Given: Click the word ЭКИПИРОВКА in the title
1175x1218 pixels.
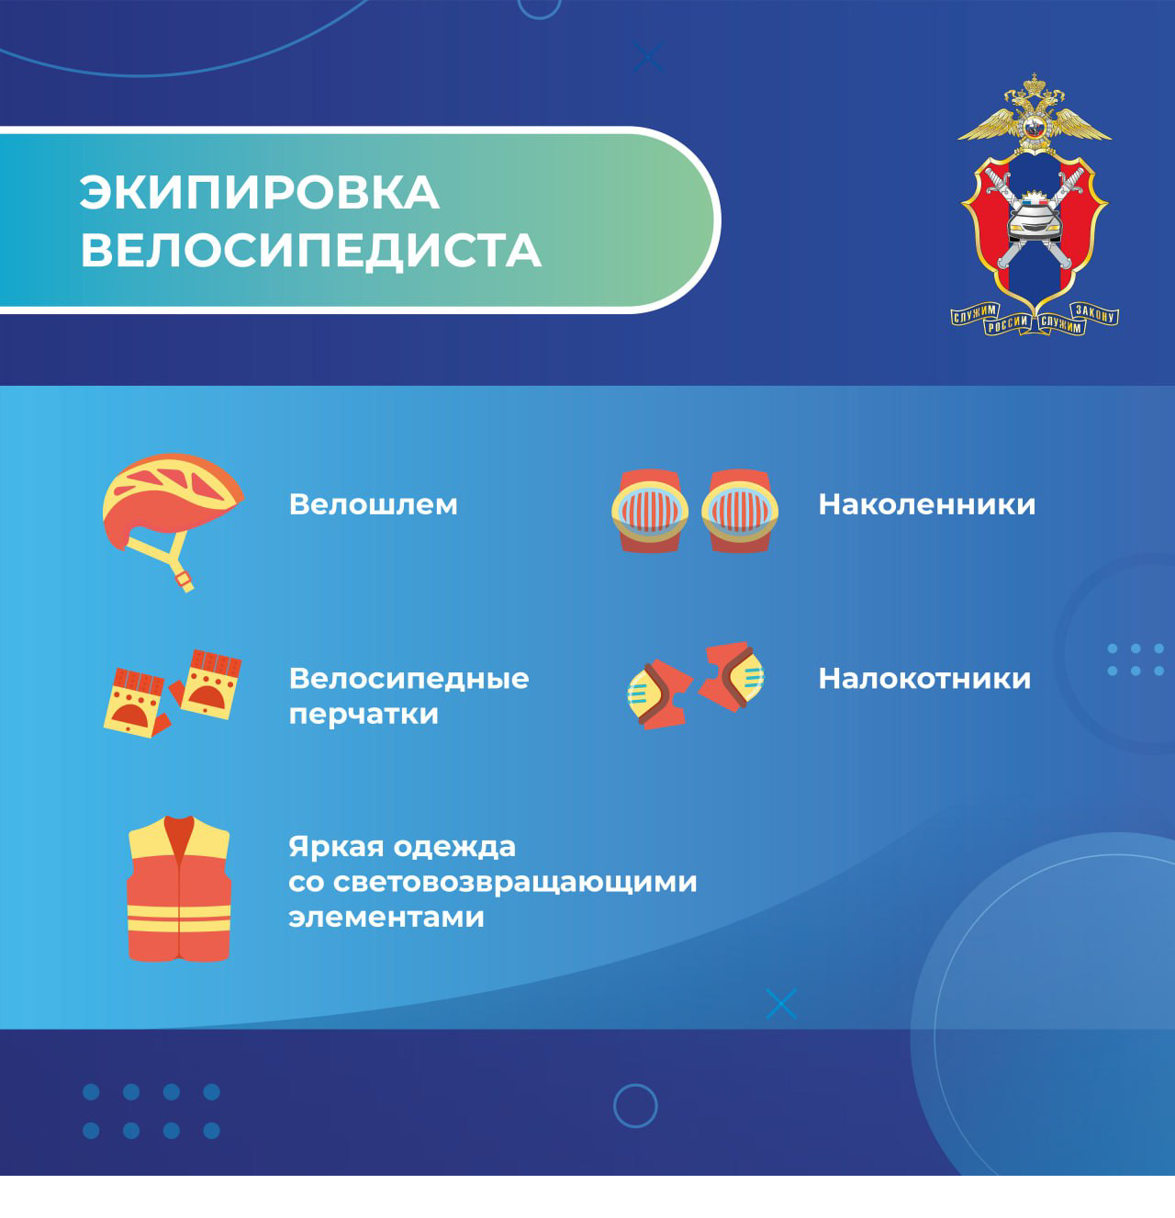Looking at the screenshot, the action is (260, 192).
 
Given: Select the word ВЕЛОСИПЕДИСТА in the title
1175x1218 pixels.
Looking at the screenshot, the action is (310, 251).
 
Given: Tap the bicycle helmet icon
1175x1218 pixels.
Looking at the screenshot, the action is (173, 522).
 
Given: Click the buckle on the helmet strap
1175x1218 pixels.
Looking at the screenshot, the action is (185, 581).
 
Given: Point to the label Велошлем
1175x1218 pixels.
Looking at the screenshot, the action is (373, 504).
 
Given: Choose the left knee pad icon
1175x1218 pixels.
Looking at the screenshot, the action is (649, 511).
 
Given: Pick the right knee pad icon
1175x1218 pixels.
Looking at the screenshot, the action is (740, 511).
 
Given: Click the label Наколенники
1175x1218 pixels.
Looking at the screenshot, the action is (926, 504).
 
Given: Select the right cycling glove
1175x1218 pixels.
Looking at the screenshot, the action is (207, 684).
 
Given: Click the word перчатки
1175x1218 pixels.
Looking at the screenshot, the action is (364, 714).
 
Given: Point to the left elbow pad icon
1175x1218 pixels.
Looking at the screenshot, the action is (659, 694).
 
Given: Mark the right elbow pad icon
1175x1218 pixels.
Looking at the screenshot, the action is (732, 677).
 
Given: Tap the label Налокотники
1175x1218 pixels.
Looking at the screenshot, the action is (924, 679).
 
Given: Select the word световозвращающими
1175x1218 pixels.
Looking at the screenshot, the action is (515, 883).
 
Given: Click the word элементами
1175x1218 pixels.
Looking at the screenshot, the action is (386, 918).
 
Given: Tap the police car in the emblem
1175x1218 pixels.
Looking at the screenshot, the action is (1035, 221).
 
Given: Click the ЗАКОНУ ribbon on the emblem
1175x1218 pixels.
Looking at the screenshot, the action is (1095, 313).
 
